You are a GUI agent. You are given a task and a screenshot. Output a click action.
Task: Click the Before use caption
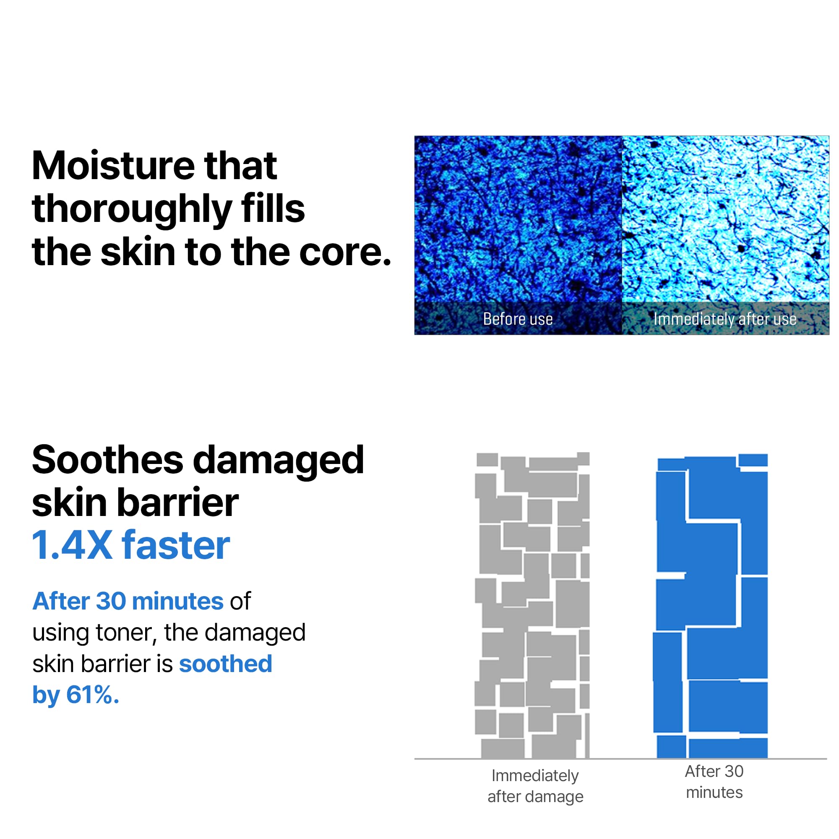pos(518,319)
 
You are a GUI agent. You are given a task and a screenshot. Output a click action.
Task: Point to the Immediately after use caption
pos(725,319)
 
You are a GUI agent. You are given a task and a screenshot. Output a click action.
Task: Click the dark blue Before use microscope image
pos(518,217)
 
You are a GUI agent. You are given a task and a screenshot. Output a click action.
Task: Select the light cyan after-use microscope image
pos(725,217)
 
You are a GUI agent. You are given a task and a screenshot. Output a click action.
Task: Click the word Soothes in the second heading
pos(108,460)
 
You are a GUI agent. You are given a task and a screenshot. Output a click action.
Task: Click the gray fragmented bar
pos(532,608)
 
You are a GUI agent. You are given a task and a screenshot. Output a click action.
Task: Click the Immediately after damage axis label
pos(535,786)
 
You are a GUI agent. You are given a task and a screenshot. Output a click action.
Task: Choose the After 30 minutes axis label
pos(714,782)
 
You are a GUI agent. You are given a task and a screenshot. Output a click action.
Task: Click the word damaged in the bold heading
pos(278,460)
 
